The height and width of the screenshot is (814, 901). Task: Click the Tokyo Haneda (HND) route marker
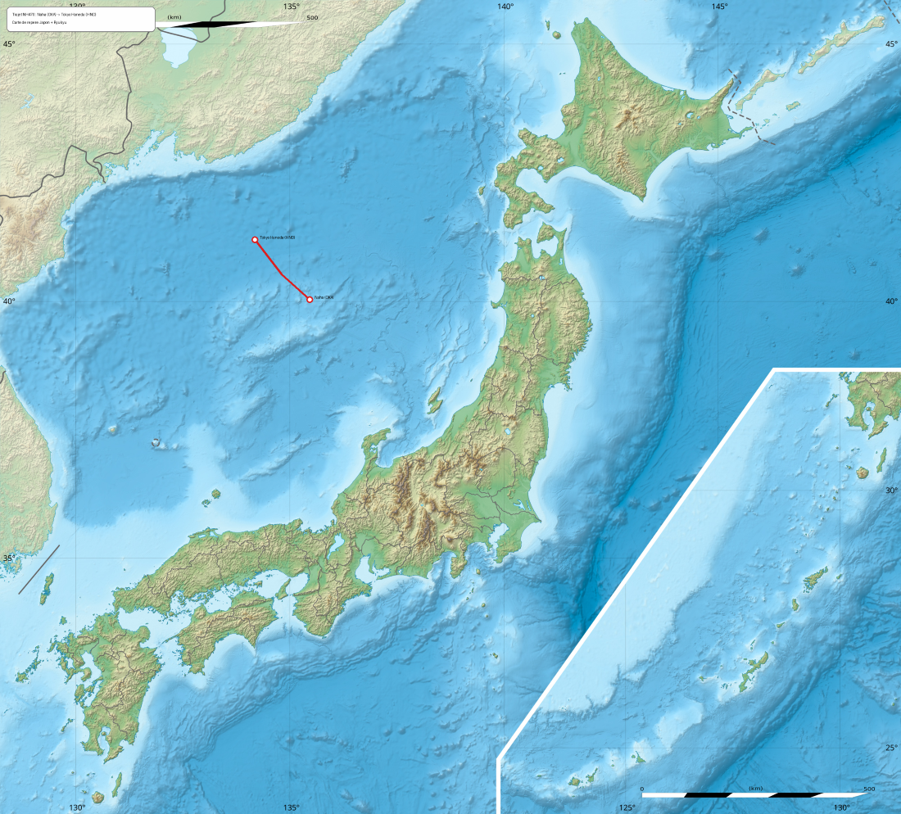coord(255,239)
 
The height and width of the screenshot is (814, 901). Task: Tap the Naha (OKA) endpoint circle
coord(310,299)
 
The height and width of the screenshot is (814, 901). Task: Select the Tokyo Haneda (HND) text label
coord(277,237)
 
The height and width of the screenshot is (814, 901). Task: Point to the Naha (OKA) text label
coord(324,297)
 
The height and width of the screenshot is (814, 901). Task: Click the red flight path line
coord(281,273)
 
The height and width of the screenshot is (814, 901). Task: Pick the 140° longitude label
coord(505,7)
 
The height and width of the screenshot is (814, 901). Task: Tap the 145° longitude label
coord(719,7)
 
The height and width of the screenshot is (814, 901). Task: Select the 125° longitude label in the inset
coord(627,807)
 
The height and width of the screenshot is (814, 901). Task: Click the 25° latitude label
coord(891,747)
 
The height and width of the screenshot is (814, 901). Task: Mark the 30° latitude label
coord(891,490)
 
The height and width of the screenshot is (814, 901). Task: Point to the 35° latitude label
coord(8,558)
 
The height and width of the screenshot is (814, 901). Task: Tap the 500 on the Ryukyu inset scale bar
coord(868,789)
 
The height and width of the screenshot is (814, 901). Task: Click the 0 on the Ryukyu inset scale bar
coord(642,789)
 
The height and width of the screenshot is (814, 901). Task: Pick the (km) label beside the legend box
coord(174,17)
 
